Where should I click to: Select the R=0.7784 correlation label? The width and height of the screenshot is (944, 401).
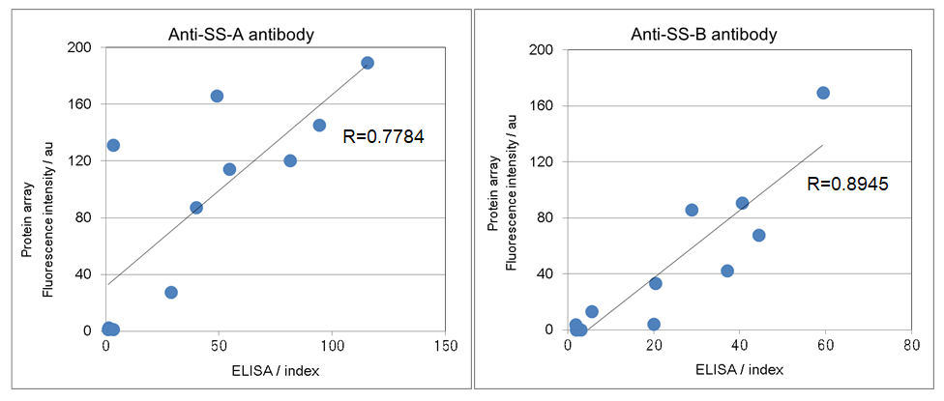(x=384, y=137)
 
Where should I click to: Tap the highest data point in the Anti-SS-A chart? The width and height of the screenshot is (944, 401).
(x=368, y=63)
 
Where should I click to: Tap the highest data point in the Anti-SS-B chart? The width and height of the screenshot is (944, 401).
(x=823, y=93)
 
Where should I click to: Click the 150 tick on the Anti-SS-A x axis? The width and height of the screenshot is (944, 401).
(x=445, y=345)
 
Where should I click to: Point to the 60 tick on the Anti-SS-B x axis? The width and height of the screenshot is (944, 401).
(x=825, y=345)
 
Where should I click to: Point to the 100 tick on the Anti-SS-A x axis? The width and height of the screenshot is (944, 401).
(x=333, y=345)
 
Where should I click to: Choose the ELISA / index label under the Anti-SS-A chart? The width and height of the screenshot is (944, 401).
(x=276, y=370)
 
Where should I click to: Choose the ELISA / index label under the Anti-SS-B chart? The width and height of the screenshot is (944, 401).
(x=739, y=370)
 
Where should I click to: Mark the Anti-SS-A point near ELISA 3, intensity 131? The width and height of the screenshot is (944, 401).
(x=113, y=145)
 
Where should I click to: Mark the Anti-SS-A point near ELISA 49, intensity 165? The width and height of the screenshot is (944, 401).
(x=217, y=96)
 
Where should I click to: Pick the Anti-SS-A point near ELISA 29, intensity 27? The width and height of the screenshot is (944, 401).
(x=171, y=292)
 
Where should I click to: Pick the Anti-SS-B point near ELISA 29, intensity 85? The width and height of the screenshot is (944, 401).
(x=692, y=210)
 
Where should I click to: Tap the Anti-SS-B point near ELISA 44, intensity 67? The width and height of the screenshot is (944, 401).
(x=758, y=235)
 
